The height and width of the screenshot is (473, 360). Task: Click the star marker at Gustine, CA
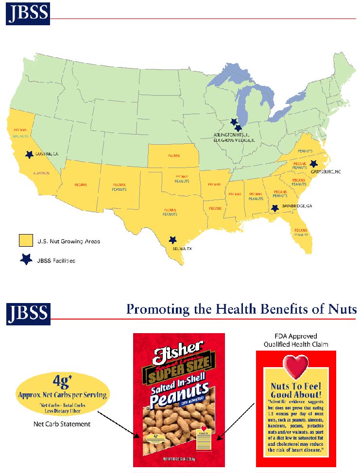29,154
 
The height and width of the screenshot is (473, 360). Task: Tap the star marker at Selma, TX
172,240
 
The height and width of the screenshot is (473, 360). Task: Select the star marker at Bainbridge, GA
275,208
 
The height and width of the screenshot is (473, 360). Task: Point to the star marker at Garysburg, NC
313,164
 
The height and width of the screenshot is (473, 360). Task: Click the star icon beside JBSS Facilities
26,260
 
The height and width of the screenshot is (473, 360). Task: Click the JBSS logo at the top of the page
27,15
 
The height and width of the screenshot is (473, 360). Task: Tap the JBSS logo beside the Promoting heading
27,313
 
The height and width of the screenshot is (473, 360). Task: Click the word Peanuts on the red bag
179,399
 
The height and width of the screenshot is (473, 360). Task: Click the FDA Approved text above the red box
296,336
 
